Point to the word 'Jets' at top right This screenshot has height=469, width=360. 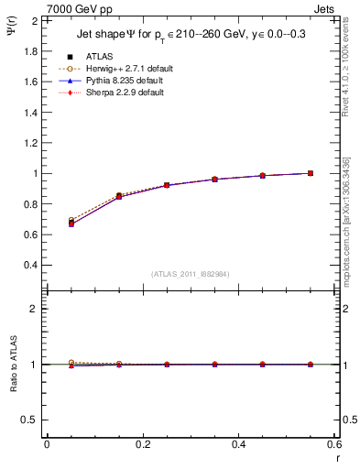(x=326, y=7)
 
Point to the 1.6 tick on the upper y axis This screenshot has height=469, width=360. (x=29, y=82)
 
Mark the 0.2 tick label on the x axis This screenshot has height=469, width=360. (x=142, y=444)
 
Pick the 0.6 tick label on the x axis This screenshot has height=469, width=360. (x=333, y=444)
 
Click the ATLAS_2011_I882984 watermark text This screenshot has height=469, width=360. (x=190, y=274)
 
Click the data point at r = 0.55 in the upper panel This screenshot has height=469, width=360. (x=311, y=173)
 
